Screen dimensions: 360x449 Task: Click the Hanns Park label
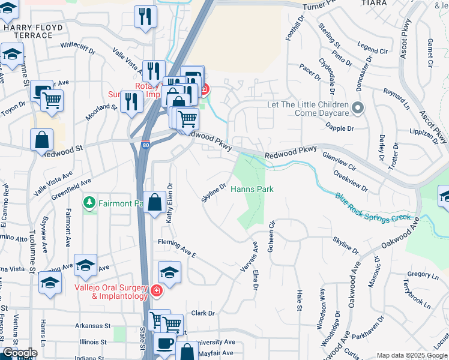(252, 190)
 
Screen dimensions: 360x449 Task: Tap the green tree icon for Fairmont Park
(90, 203)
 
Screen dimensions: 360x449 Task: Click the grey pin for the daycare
(358, 109)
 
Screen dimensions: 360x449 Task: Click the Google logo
(20, 353)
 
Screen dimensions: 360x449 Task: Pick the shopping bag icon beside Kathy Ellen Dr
(155, 203)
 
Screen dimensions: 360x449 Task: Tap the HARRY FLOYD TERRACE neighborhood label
(28, 31)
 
